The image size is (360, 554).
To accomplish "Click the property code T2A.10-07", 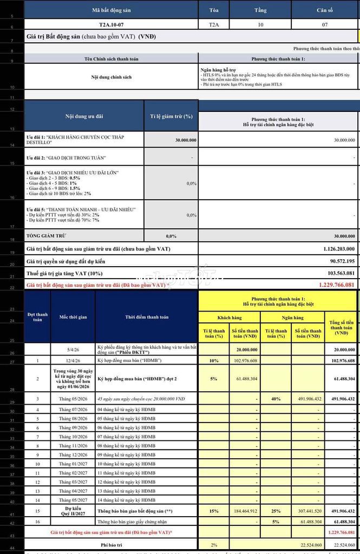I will coord(110,25).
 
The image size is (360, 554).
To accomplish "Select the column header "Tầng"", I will coord(260,10).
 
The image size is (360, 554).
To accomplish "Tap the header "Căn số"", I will coord(325,10).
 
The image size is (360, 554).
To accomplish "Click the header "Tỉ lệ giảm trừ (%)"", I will coord(171,116).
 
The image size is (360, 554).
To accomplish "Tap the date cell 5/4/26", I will coord(73,350).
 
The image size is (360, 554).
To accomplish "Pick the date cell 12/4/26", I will coord(73,360).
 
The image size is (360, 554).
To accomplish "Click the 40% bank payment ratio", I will coord(276,399).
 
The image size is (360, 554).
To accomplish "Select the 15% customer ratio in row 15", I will coord(214,511).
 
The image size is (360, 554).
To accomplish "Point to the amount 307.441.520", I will coord(306,511).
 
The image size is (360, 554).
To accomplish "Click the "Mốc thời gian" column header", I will coord(73,317).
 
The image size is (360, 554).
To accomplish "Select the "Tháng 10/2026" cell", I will coord(73,437).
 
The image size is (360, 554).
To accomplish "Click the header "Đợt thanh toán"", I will coord(38,317).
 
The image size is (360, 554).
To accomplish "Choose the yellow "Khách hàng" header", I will coord(229,318).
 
